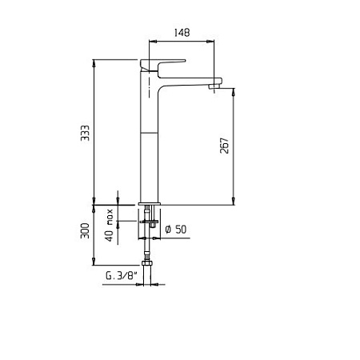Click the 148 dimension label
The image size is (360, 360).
(x=182, y=33)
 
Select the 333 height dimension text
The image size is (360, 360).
(x=86, y=133)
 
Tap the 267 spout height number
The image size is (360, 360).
(x=225, y=146)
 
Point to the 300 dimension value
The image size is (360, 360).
(x=85, y=230)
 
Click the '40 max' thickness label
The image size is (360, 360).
(x=110, y=226)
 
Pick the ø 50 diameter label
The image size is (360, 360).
(x=176, y=230)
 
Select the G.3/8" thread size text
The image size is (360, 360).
(x=122, y=275)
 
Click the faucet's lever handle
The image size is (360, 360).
(x=162, y=64)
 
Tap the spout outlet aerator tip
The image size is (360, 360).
(x=214, y=86)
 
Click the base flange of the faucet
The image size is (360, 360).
(x=150, y=204)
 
